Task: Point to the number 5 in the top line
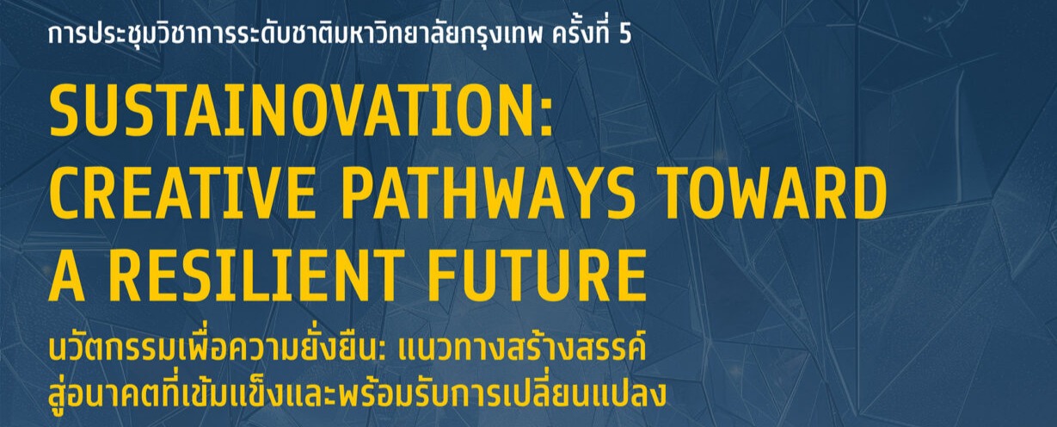pos(624,38)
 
